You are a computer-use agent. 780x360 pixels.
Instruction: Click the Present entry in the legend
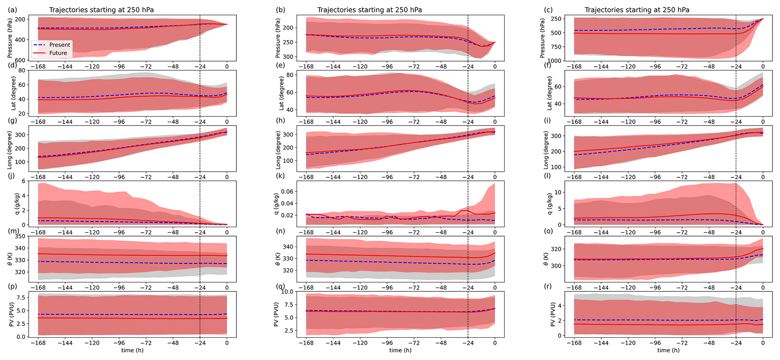(59, 45)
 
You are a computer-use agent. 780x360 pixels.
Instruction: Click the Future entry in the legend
(58, 53)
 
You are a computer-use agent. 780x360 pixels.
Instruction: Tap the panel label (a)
(12, 10)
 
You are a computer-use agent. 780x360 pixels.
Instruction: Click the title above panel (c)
(637, 10)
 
